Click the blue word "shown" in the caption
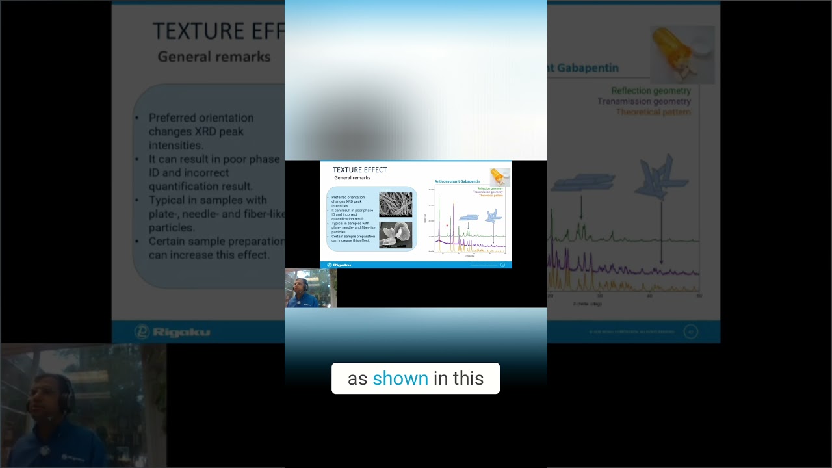tap(400, 378)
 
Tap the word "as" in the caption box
tap(357, 378)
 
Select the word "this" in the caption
tap(469, 378)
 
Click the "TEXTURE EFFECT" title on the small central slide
tap(359, 170)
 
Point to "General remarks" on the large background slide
tap(214, 57)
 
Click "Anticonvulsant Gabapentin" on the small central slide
tap(457, 181)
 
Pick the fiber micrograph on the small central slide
tap(395, 205)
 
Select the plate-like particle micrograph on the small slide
tap(395, 235)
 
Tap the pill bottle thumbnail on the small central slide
tap(500, 176)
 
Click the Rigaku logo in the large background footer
tap(172, 332)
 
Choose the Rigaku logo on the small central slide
tap(339, 265)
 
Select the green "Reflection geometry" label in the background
tap(651, 91)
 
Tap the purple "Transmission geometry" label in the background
tap(643, 101)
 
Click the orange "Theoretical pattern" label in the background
tap(653, 112)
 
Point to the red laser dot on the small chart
tap(447, 226)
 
